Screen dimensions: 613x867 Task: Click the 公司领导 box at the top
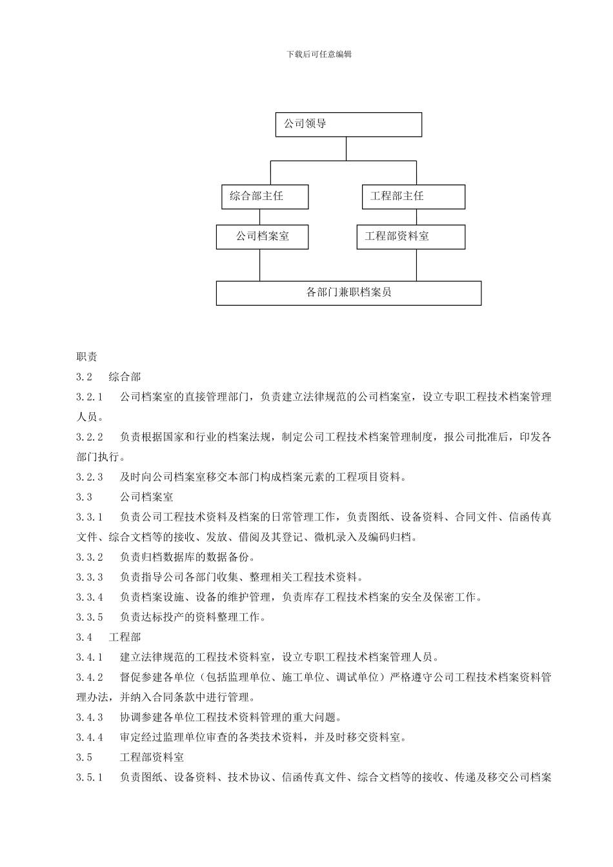click(348, 125)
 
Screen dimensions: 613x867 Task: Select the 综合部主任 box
click(265, 197)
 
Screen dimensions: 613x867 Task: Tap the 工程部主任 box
click(413, 197)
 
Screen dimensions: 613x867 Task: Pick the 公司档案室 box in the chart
click(262, 237)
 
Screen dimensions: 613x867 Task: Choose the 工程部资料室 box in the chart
click(410, 237)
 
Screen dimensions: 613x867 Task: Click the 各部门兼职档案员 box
click(348, 293)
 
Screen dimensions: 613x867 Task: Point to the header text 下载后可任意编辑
click(319, 55)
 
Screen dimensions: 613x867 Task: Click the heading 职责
click(86, 357)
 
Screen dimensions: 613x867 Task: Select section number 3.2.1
click(90, 397)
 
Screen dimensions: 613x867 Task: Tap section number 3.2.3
click(90, 477)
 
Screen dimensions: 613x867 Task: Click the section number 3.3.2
click(90, 557)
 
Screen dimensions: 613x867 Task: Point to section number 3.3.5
click(90, 617)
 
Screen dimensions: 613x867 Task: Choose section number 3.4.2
click(90, 677)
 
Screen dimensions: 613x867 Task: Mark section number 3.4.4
click(90, 737)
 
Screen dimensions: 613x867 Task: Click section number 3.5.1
click(90, 777)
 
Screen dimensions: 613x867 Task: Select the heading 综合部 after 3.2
click(125, 377)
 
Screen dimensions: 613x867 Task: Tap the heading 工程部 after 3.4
click(125, 637)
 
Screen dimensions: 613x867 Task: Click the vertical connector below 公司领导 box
click(347, 148)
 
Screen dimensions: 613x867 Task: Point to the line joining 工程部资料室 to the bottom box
click(416, 264)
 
